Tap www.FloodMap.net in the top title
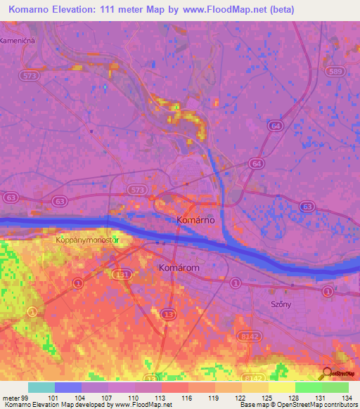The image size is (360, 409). click(x=221, y=10)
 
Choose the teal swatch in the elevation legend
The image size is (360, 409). click(x=41, y=387)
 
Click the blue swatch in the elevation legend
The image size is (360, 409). click(x=68, y=387)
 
